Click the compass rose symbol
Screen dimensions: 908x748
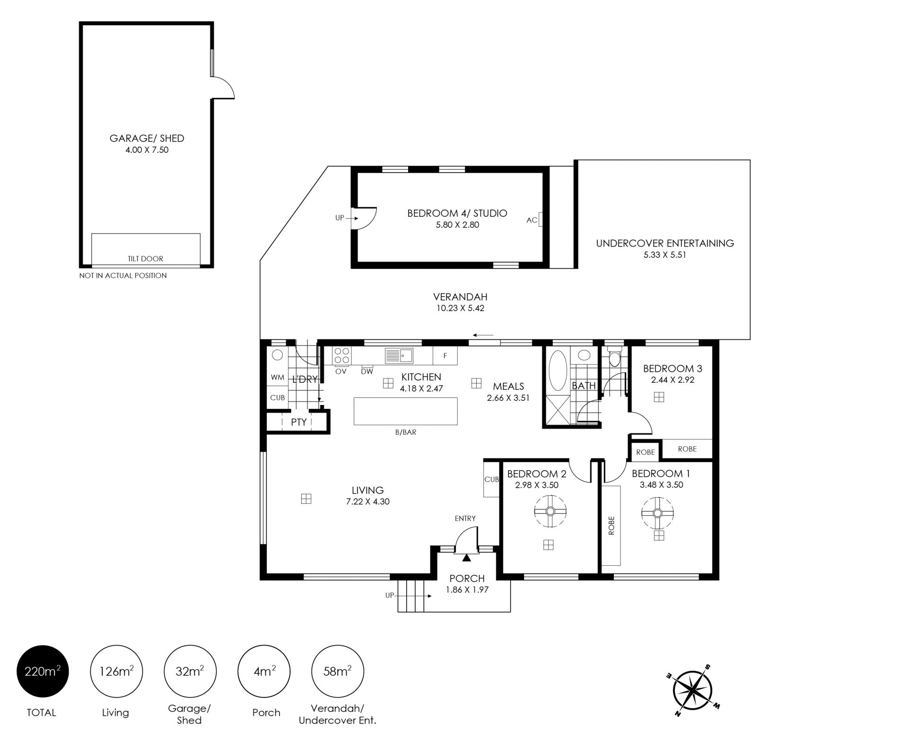point(692,690)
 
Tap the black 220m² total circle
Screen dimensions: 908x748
point(43,671)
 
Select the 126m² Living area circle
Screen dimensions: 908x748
point(116,671)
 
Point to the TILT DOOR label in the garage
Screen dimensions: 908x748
point(145,259)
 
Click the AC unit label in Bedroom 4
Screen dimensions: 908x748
point(532,220)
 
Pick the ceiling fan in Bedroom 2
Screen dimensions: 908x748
point(550,511)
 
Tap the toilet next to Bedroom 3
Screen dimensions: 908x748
point(614,358)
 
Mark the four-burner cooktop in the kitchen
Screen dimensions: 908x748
point(342,356)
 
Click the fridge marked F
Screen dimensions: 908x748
point(445,356)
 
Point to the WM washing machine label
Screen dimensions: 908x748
point(278,377)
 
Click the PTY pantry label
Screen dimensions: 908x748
point(299,422)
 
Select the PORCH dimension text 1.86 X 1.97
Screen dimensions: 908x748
point(467,590)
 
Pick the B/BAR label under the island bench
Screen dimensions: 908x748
point(406,432)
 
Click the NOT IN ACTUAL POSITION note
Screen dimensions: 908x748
point(123,275)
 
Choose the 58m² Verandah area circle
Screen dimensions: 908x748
point(338,671)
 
